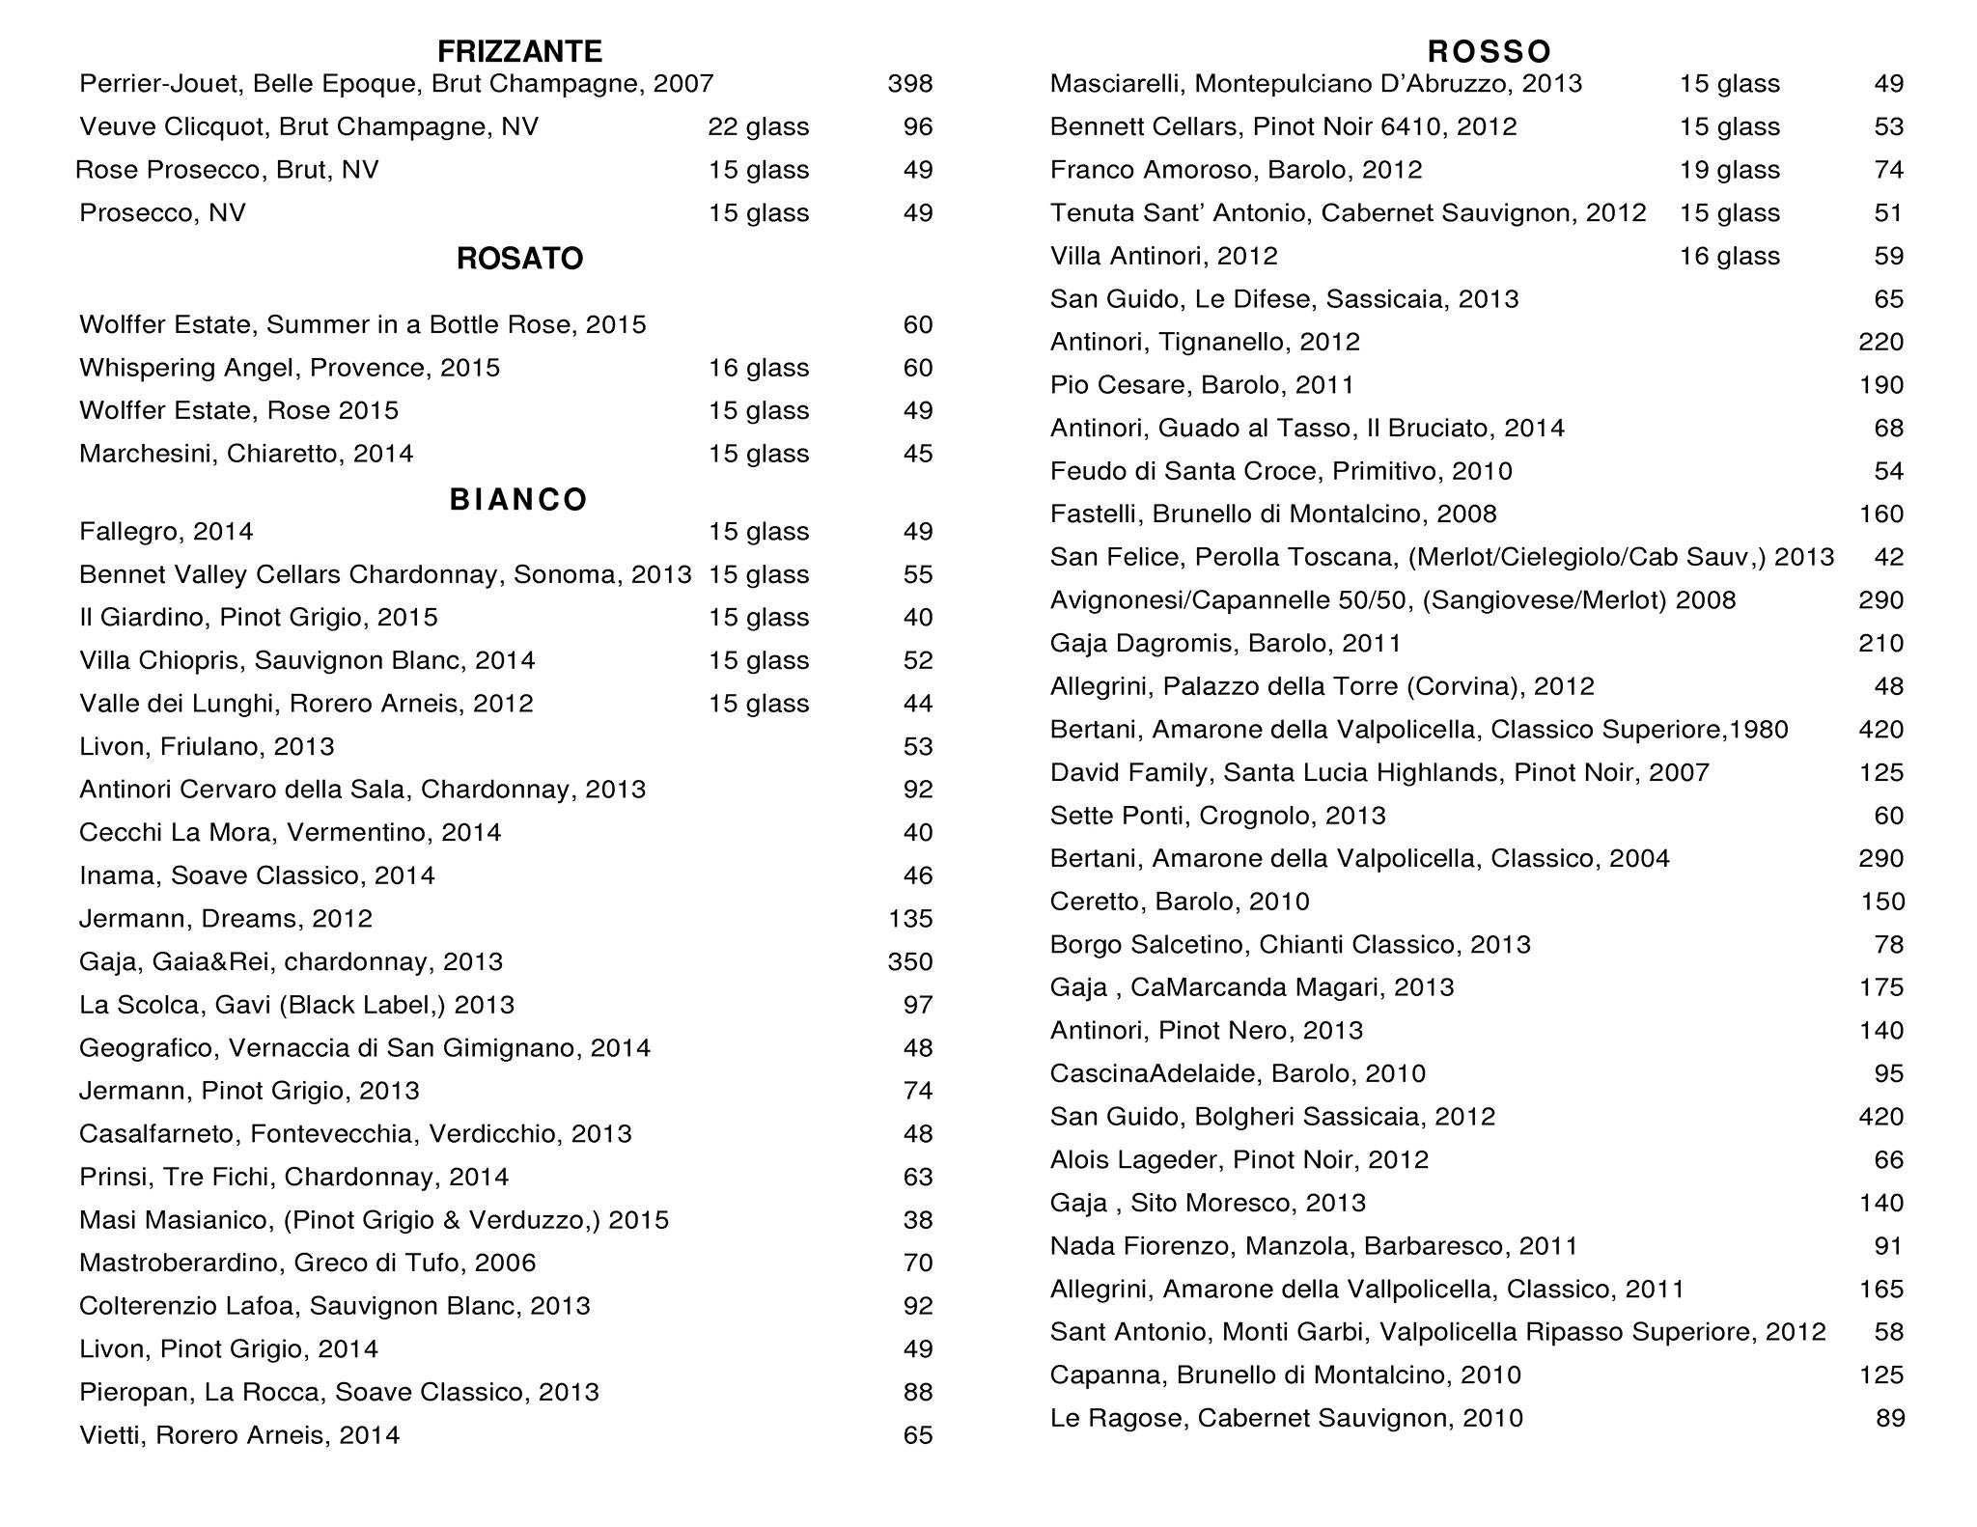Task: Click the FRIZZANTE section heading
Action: click(x=519, y=51)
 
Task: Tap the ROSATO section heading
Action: click(x=519, y=259)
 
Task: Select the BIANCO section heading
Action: click(x=519, y=499)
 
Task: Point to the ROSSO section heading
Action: click(x=1490, y=51)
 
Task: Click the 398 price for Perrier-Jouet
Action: click(x=910, y=84)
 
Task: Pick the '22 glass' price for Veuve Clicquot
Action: click(x=759, y=127)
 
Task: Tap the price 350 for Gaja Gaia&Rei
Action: click(x=910, y=962)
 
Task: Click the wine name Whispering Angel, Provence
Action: click(x=290, y=369)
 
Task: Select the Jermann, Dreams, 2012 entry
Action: click(x=226, y=919)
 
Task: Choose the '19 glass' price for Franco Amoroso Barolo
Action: click(x=1730, y=171)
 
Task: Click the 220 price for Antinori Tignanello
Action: click(x=1880, y=343)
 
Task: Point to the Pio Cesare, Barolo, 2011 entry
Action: click(x=1202, y=386)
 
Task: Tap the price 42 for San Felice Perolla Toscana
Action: click(x=1888, y=558)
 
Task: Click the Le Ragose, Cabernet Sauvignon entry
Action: click(x=1286, y=1419)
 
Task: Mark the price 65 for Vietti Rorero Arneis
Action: click(x=918, y=1435)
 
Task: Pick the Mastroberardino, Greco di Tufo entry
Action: click(x=307, y=1263)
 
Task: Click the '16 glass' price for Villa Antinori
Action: click(x=1730, y=257)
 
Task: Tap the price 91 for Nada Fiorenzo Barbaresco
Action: click(x=1888, y=1246)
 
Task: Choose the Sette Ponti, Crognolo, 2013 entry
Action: click(x=1217, y=817)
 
